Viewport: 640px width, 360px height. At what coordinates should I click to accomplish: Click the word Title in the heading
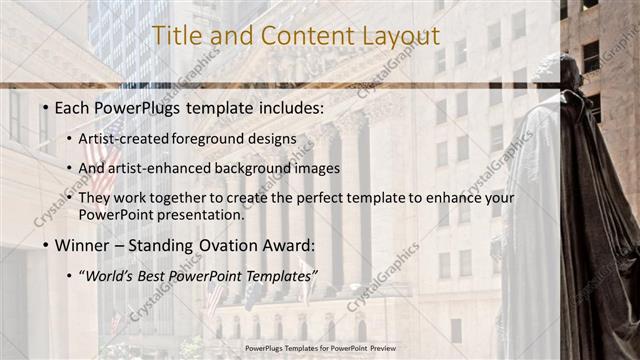pyautogui.click(x=177, y=37)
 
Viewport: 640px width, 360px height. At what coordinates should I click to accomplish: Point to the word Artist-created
pyautogui.click(x=123, y=138)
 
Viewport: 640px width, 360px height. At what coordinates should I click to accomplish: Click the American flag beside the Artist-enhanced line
pyautogui.click(x=100, y=165)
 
